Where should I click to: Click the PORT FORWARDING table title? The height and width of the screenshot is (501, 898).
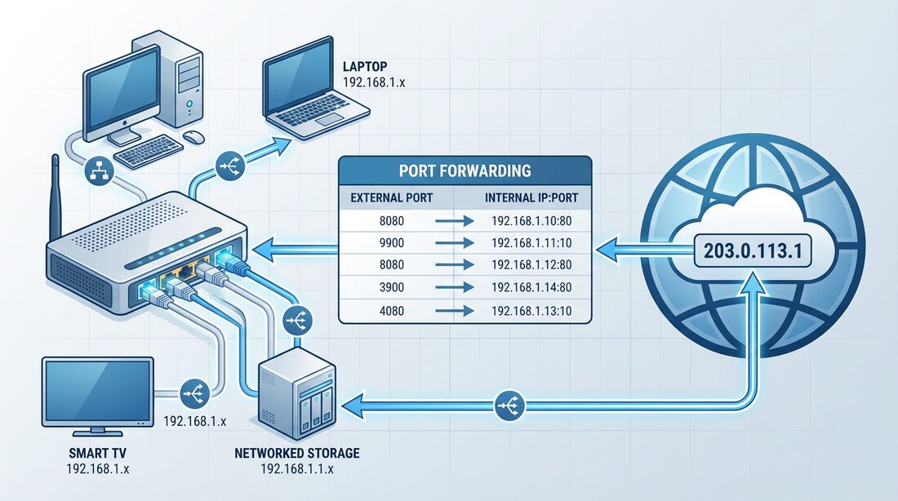pyautogui.click(x=465, y=171)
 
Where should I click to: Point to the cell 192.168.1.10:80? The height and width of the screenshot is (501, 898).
pyautogui.click(x=531, y=220)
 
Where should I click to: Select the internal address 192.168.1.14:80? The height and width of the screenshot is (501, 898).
pyautogui.click(x=531, y=287)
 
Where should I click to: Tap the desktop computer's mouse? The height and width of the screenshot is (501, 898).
pyautogui.click(x=193, y=136)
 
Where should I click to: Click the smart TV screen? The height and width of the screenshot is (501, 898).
pyautogui.click(x=97, y=392)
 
